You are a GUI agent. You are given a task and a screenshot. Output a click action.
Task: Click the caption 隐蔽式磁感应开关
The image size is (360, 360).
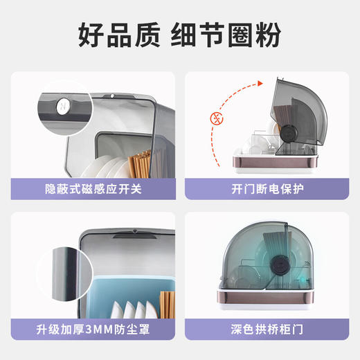(93, 188)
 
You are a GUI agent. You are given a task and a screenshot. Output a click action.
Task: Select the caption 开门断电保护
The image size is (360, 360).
(267, 188)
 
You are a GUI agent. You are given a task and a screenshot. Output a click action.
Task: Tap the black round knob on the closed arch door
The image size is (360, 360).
(282, 267)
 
